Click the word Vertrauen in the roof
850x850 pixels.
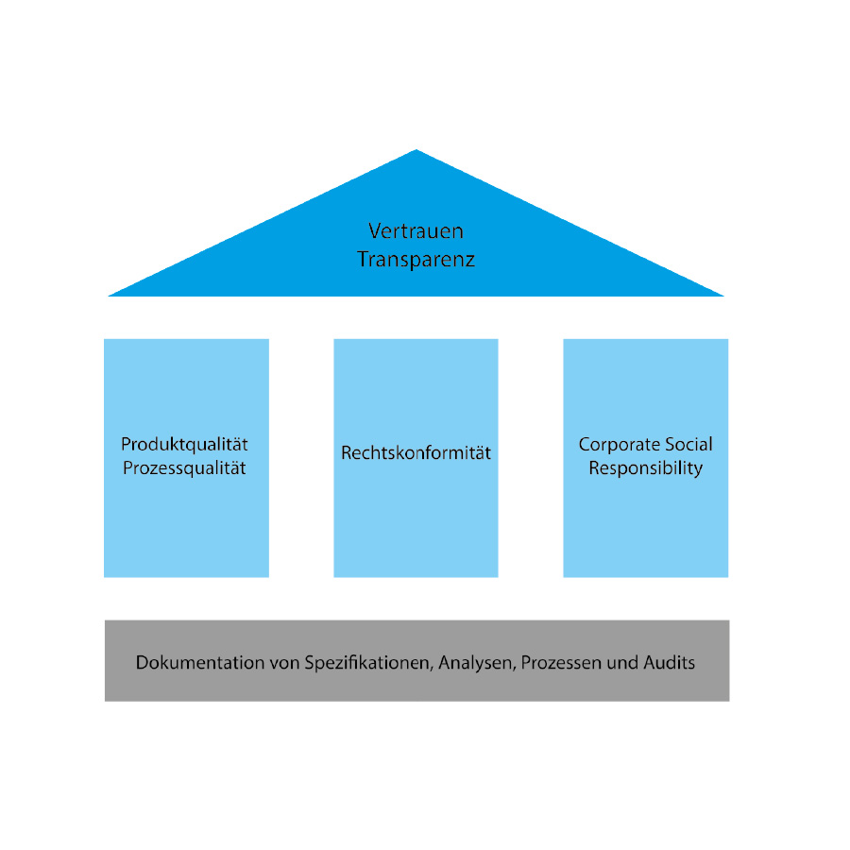[x=416, y=230]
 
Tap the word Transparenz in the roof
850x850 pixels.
[x=416, y=259]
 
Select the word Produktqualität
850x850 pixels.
[x=185, y=444]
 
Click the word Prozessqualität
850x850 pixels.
[x=185, y=467]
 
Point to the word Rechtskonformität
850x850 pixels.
[x=416, y=453]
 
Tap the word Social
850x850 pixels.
[x=688, y=444]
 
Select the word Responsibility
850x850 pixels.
[x=646, y=467]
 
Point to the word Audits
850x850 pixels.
[x=670, y=663]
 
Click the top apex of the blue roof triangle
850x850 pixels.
[x=416, y=151]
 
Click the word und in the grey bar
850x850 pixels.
[x=620, y=663]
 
